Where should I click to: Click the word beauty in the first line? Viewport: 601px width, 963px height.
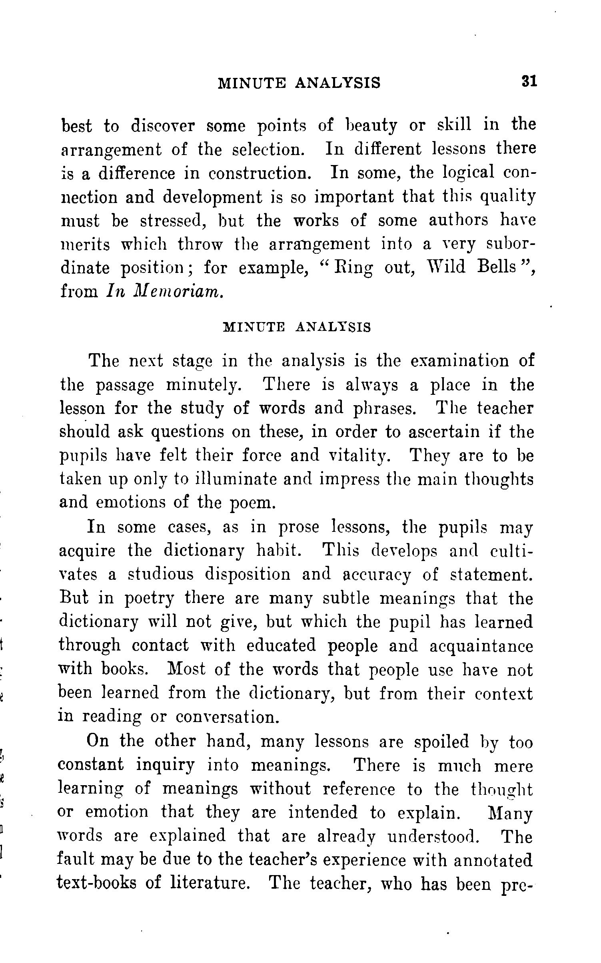[367, 126]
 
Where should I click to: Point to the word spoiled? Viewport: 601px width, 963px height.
[441, 742]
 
